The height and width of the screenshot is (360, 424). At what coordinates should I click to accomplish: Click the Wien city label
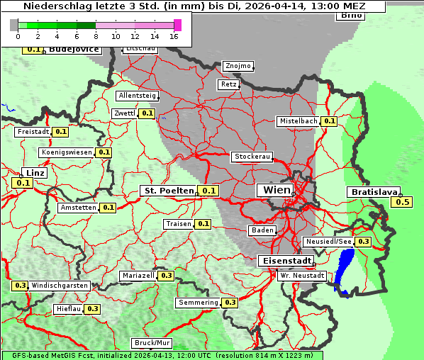click(x=277, y=190)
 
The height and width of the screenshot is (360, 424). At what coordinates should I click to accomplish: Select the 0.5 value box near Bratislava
click(x=402, y=202)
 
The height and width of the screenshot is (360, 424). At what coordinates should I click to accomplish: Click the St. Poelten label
click(x=169, y=191)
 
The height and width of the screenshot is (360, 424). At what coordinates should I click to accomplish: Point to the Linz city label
click(x=34, y=173)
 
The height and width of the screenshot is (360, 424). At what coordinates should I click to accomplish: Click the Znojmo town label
click(x=238, y=66)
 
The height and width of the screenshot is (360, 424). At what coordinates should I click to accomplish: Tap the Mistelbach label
click(x=299, y=121)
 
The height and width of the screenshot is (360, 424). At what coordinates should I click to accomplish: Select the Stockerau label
click(x=252, y=157)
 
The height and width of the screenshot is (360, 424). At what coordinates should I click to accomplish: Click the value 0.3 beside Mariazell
click(x=167, y=276)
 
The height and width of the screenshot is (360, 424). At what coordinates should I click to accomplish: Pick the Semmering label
click(x=199, y=303)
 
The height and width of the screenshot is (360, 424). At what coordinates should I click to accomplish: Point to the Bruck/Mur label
click(x=152, y=342)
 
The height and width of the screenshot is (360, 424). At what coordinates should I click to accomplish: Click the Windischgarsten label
click(x=60, y=286)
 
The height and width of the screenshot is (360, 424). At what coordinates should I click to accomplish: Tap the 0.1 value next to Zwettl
click(x=147, y=113)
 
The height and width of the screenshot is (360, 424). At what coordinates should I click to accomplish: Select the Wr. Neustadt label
click(x=302, y=275)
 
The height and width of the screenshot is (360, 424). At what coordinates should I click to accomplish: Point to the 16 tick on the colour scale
click(x=174, y=35)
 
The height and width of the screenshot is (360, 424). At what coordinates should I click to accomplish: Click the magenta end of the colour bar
click(x=177, y=25)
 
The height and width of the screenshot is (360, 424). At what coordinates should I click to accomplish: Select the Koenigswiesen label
click(x=67, y=152)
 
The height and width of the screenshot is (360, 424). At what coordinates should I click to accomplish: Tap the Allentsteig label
click(x=138, y=95)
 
